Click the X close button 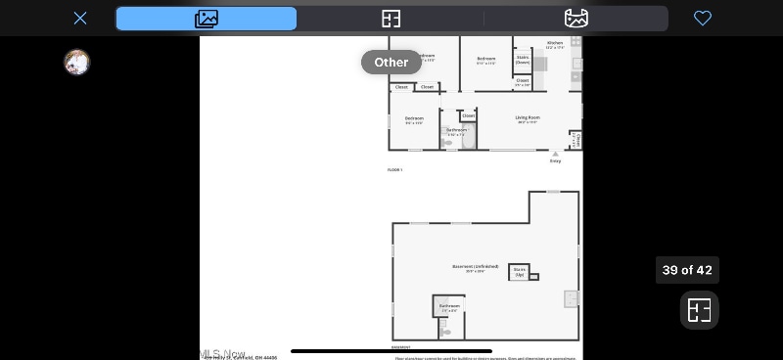click(x=80, y=18)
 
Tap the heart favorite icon click(x=702, y=18)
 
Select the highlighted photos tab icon click(x=207, y=19)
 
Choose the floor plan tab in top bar click(x=391, y=19)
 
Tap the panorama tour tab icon click(x=576, y=19)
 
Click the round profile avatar click(x=76, y=63)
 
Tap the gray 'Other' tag click(x=391, y=62)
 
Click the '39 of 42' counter click(x=687, y=270)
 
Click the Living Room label click(x=527, y=118)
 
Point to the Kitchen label click(x=554, y=44)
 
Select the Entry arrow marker click(x=555, y=154)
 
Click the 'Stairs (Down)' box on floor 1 click(x=523, y=60)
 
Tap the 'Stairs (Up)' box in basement click(x=520, y=273)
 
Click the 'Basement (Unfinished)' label click(x=475, y=267)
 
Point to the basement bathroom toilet click(x=444, y=332)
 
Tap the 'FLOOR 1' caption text click(x=394, y=170)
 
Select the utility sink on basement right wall click(x=572, y=298)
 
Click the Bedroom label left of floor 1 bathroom click(x=414, y=119)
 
